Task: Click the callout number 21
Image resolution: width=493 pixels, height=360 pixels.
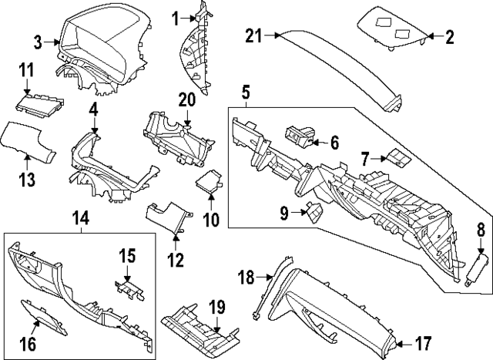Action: [x=255, y=34]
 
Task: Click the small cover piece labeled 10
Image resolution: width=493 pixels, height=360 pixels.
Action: [x=208, y=183]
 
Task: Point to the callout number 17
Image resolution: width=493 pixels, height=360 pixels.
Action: [x=423, y=342]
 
